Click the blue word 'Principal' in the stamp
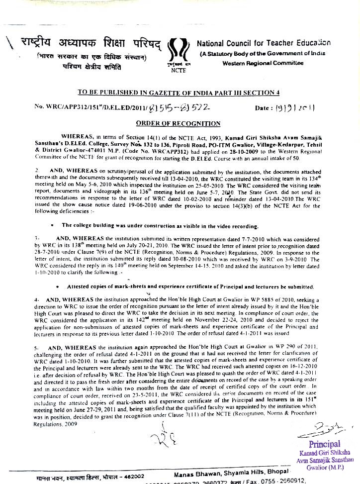[x=325, y=444]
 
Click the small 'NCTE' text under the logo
[x=178, y=70]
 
